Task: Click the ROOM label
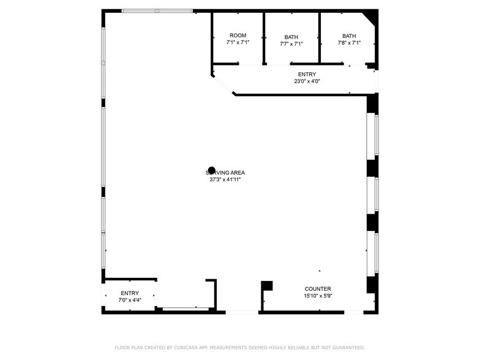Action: [x=238, y=36]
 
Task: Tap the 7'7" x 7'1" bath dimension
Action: [x=291, y=43]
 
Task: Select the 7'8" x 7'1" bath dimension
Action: [x=349, y=43]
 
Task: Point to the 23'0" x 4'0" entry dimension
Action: [x=307, y=81]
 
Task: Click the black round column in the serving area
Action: [x=212, y=171]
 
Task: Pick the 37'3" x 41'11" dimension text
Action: [x=225, y=179]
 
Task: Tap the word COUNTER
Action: [x=318, y=289]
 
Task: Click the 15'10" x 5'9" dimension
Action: [x=318, y=296]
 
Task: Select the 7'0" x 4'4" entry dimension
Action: [x=130, y=300]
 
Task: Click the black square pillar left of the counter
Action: [x=267, y=285]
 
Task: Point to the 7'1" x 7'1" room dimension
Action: [x=238, y=43]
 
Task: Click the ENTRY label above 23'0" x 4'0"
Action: [x=307, y=74]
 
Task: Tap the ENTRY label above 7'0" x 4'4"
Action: [x=130, y=293]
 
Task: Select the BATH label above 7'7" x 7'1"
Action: [x=291, y=37]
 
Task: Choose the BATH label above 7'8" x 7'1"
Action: [x=349, y=36]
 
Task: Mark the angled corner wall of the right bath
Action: [x=370, y=18]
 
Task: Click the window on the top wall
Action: [x=157, y=11]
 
